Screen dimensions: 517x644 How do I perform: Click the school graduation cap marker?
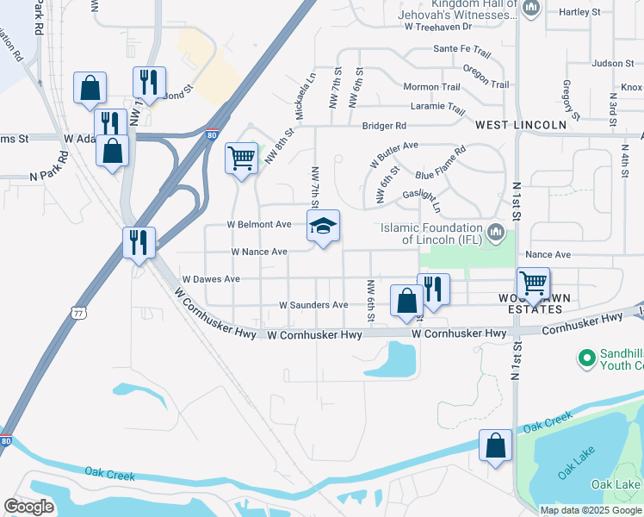tap(324, 227)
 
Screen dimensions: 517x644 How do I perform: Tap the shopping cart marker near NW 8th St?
tap(242, 159)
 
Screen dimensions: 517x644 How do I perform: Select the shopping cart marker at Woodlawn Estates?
tap(533, 282)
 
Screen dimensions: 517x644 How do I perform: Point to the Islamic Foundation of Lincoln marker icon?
tap(496, 232)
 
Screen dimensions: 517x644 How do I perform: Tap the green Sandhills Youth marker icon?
tap(587, 357)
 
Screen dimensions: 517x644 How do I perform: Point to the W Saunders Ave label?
tap(313, 305)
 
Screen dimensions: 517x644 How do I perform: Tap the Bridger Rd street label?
tap(383, 126)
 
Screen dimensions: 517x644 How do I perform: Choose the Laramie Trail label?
tap(437, 107)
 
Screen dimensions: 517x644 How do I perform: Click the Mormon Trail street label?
tap(431, 87)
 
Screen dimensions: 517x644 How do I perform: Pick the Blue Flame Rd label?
tap(441, 163)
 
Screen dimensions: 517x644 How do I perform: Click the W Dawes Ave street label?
tap(211, 279)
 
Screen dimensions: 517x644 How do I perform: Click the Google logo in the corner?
tap(28, 507)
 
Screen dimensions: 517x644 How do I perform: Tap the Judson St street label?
tap(613, 63)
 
